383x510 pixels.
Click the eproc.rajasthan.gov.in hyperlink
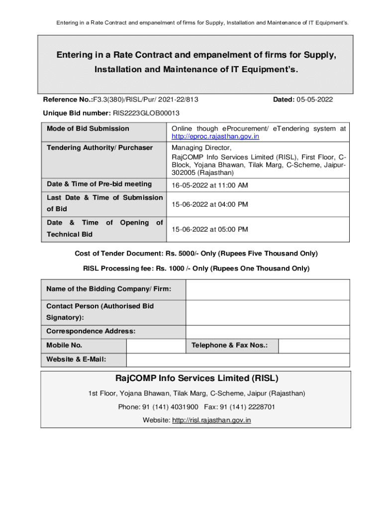215,136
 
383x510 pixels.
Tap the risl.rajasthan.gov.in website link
211,420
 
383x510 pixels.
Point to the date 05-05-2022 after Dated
315,100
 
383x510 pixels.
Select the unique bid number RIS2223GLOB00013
146,114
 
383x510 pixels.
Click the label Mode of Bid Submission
88,129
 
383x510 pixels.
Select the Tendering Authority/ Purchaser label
99,148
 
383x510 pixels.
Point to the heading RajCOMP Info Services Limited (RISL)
196,379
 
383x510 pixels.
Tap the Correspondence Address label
91,331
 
